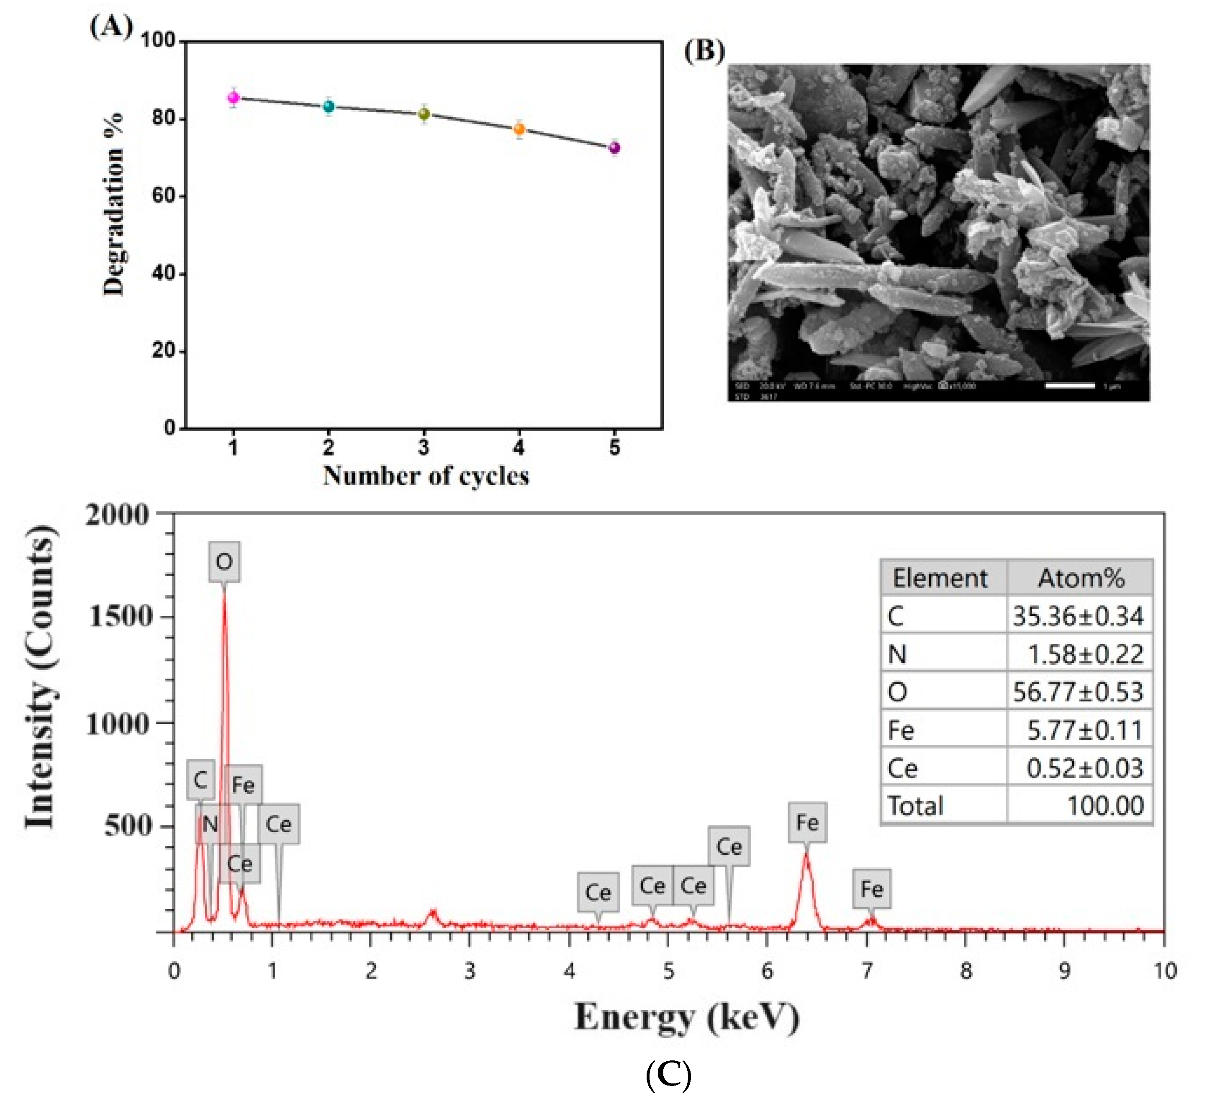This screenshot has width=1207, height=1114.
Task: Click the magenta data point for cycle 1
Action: click(x=233, y=98)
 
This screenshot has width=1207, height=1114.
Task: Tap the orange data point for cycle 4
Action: click(x=519, y=129)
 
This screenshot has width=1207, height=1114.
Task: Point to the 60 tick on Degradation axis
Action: click(x=163, y=196)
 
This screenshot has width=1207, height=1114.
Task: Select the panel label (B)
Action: click(x=704, y=51)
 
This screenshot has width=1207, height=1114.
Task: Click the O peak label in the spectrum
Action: click(x=224, y=562)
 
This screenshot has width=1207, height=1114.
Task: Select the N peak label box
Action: click(x=210, y=824)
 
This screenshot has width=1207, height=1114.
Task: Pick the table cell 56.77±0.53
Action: click(x=1077, y=692)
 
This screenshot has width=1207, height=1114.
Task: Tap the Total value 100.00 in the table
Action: click(x=1104, y=806)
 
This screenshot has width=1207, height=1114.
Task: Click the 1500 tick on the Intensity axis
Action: click(x=120, y=617)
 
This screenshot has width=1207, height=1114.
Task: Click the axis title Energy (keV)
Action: click(x=686, y=1018)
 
